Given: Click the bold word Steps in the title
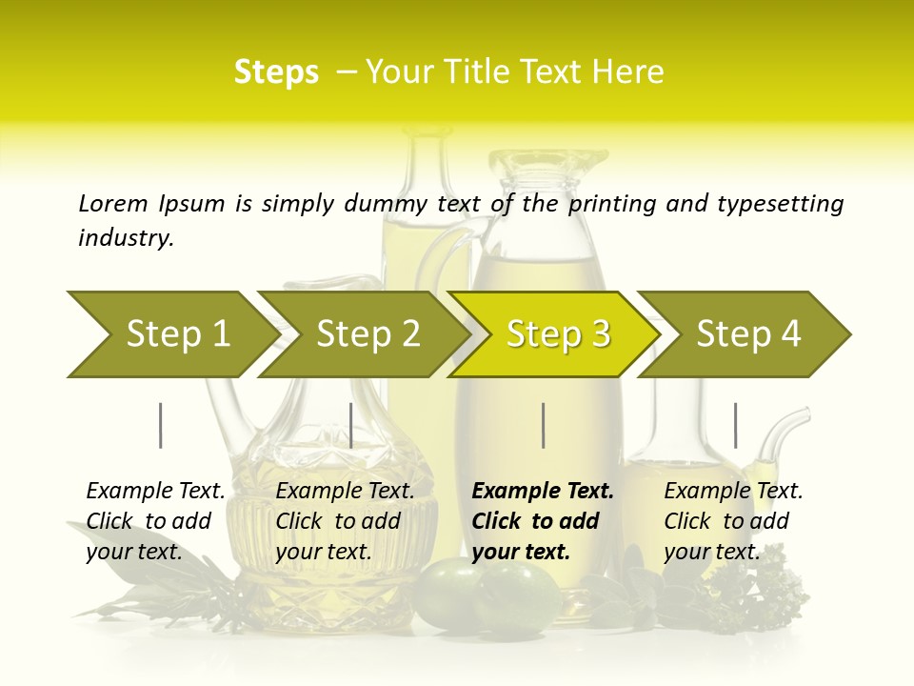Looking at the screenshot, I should [x=276, y=72].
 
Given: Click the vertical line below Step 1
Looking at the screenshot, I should [x=161, y=425].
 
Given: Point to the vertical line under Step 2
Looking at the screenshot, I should [x=351, y=425].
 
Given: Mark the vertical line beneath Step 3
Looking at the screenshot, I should [x=543, y=425].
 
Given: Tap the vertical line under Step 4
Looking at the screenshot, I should [x=735, y=425].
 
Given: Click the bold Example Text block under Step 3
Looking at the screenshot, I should [x=543, y=521].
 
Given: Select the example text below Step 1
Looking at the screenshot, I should [x=155, y=521].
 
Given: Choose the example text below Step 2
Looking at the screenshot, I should [x=345, y=521].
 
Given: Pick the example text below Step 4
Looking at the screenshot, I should [x=733, y=521].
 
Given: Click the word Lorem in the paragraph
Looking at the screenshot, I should [x=113, y=204].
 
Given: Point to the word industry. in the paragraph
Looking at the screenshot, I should [x=126, y=238].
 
